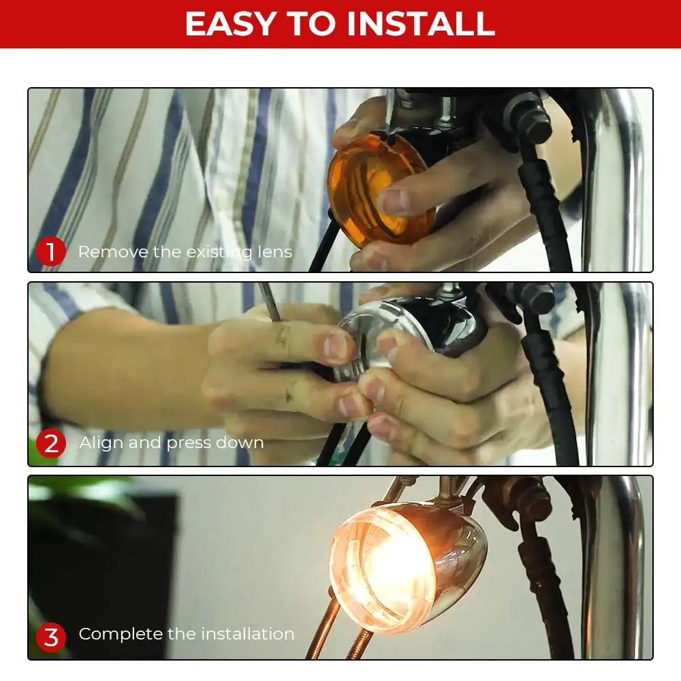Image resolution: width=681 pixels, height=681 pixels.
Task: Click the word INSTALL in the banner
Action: point(421,24)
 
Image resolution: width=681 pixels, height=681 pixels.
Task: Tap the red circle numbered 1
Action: point(51,251)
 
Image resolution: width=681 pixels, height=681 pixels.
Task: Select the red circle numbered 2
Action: point(51,443)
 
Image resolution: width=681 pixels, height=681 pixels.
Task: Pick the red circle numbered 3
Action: point(51,637)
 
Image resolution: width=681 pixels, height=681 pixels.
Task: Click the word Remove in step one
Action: point(113,252)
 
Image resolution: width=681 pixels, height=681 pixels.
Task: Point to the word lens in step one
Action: point(274,252)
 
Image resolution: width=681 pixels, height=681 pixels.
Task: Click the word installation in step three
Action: point(248,634)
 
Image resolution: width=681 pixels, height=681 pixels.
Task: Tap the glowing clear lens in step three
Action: point(382,565)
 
